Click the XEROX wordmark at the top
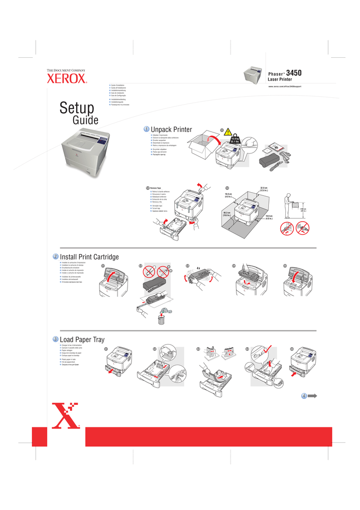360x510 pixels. tap(67, 79)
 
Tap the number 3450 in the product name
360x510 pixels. tap(294, 73)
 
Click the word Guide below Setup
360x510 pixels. tap(85, 120)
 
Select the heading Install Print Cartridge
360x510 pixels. tap(89, 257)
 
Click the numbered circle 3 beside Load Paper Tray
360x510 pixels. tap(56, 340)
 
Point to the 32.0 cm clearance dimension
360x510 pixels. tap(264, 189)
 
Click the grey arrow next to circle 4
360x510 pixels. tap(313, 396)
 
